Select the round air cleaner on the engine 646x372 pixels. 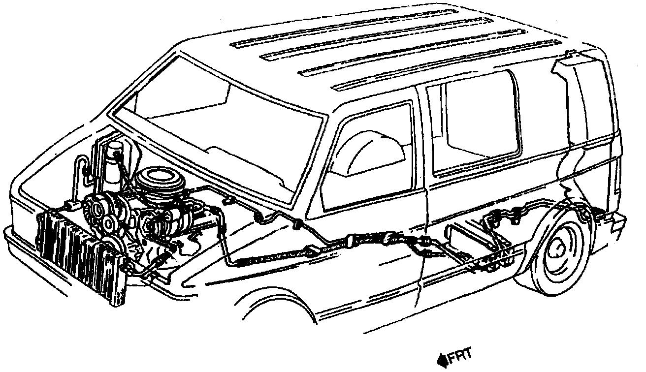(157, 180)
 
